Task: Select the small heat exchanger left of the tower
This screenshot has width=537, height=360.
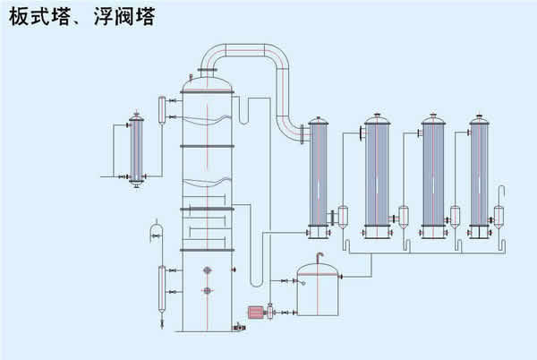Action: pyautogui.click(x=137, y=149)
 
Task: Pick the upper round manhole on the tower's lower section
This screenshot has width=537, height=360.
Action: pyautogui.click(x=207, y=270)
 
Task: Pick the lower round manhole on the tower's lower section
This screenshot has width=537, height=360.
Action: pyautogui.click(x=207, y=290)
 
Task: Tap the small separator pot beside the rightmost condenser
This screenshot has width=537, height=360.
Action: pyautogui.click(x=499, y=215)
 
